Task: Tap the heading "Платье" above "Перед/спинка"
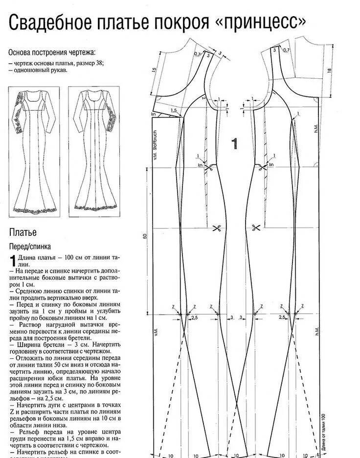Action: click(x=22, y=232)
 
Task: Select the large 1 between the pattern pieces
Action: click(x=235, y=143)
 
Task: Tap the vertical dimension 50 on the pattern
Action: click(x=145, y=236)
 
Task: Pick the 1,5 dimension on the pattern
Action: click(x=173, y=111)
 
